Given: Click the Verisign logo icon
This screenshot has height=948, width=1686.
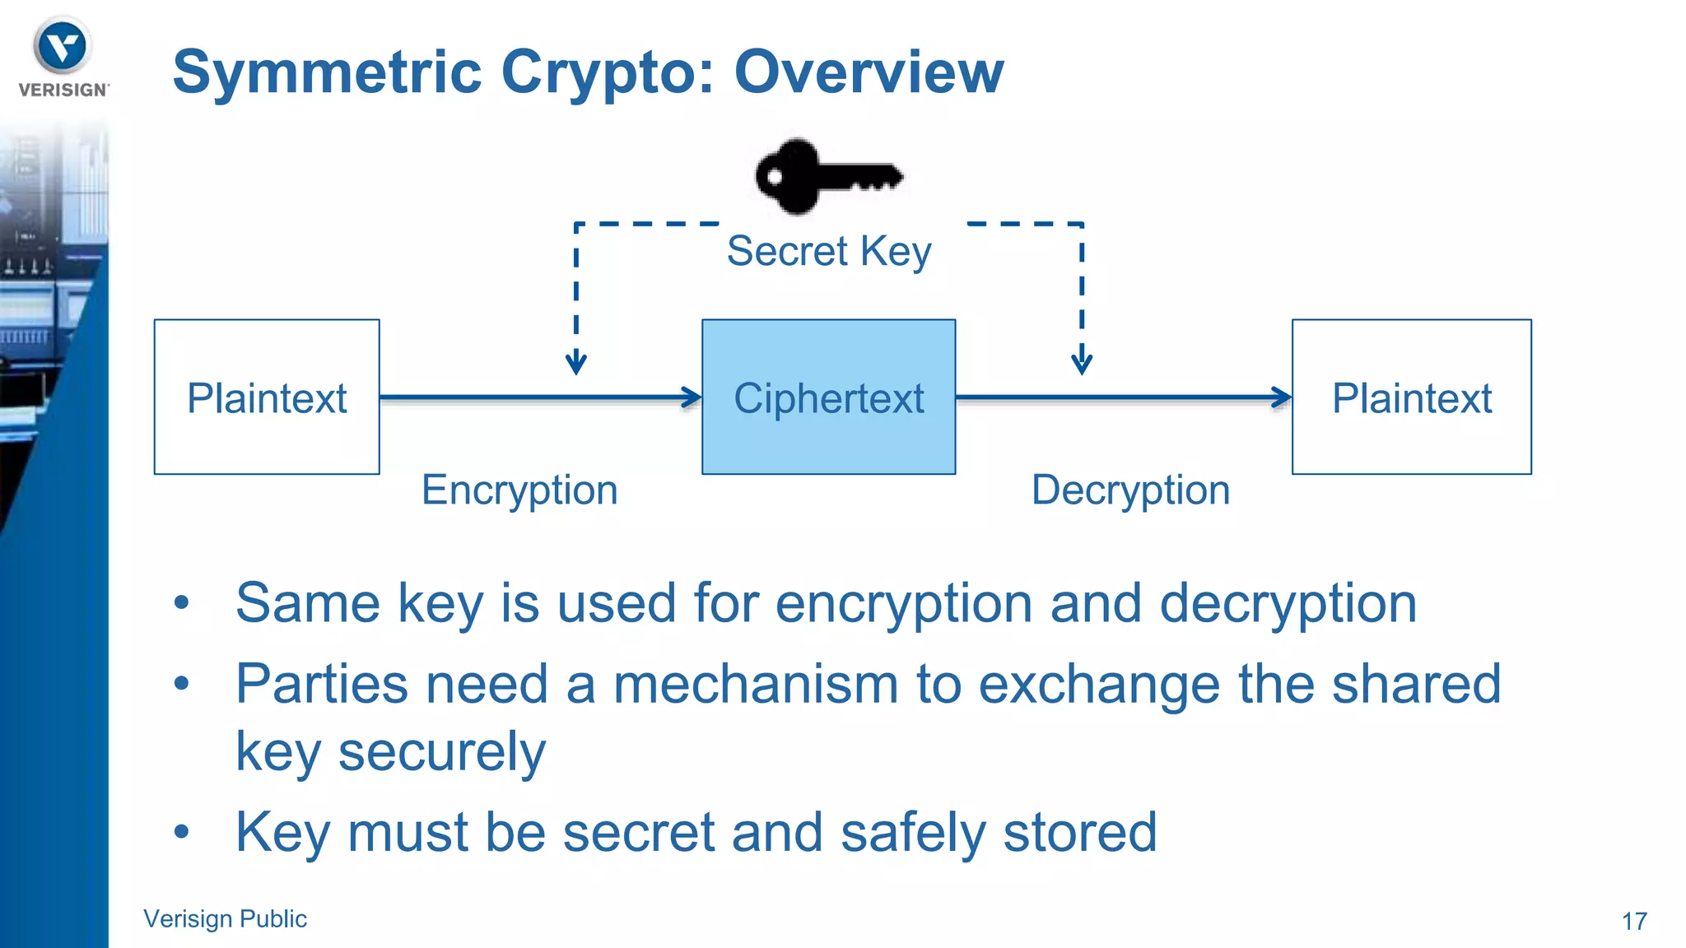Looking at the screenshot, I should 62,46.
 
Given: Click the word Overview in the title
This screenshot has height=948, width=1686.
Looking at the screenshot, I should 869,72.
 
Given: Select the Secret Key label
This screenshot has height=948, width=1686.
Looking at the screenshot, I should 828,251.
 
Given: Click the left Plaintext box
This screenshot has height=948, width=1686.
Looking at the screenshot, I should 267,397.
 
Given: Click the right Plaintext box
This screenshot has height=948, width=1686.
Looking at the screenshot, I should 1411,397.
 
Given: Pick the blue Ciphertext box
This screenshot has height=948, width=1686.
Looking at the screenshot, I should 828,397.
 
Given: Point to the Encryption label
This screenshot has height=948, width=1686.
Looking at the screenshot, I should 519,490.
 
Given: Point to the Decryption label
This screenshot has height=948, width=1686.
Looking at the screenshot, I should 1130,490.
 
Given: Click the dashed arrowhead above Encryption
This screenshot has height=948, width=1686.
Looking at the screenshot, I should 575,363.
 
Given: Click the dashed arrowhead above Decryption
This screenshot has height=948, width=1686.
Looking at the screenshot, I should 1082,363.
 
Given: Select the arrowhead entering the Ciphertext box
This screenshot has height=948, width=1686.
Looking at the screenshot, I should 692,397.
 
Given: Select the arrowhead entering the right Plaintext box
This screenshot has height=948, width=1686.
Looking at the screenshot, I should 1282,397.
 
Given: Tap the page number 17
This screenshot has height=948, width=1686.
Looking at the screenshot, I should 1634,921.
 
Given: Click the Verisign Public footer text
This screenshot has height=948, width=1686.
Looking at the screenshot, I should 225,918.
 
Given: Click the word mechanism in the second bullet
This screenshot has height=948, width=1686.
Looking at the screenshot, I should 755,685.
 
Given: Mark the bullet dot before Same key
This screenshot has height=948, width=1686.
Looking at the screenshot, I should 182,603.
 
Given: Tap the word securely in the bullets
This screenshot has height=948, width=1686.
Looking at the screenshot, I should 441,752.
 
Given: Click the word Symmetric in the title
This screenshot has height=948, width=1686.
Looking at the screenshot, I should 327,72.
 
